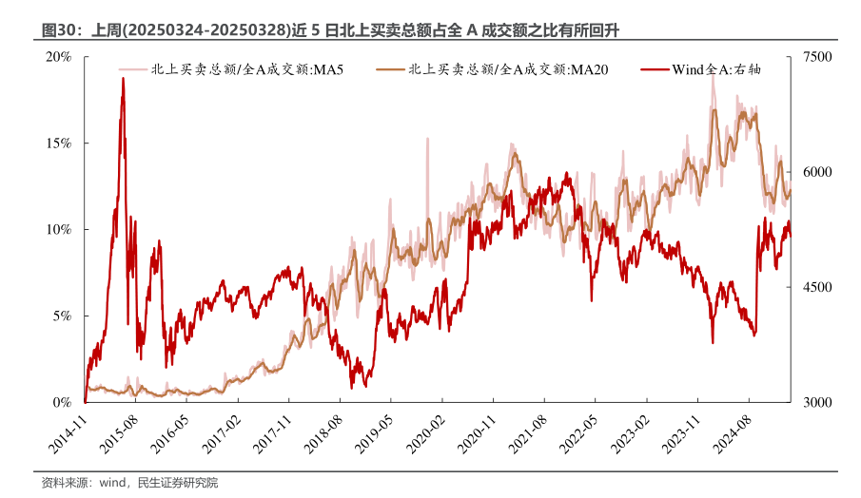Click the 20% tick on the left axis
59,57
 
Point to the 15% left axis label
59,144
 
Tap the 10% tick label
59,230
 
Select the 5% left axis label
62,316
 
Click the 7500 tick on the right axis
817,57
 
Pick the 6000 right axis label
817,172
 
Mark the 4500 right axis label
817,287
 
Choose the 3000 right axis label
817,402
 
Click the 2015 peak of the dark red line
123,79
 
